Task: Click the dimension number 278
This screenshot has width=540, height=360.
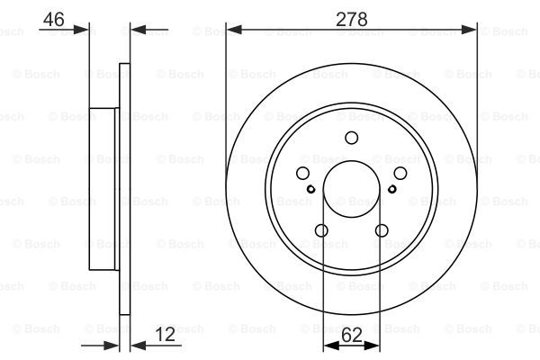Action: pos(352,19)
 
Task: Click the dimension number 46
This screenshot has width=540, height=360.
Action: pos(54,19)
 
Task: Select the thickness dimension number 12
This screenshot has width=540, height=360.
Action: pos(166,335)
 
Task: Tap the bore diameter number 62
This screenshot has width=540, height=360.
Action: pos(352,335)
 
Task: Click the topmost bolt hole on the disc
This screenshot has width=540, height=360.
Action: pos(352,138)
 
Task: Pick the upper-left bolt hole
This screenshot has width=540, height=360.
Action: pos(302,174)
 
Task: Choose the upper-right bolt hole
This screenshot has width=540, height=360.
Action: pos(400,174)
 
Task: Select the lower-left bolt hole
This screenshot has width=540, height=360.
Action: pos(321,230)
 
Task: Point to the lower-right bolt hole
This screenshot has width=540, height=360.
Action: pos(382,230)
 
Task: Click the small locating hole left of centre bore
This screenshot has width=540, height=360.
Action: pos(311,189)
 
